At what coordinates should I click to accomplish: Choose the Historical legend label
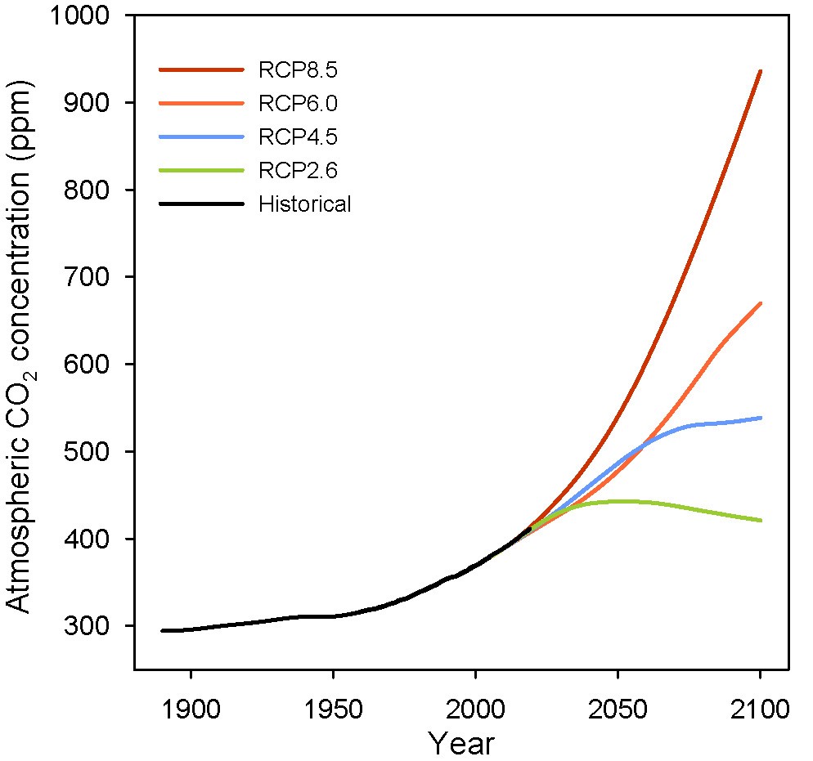point(304,204)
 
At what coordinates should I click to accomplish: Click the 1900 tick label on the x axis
point(191,707)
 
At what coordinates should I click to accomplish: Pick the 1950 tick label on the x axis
point(333,707)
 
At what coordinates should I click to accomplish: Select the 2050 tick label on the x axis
point(618,707)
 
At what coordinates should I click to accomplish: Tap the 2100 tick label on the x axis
point(761,707)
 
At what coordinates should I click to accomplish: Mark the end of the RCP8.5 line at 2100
point(761,71)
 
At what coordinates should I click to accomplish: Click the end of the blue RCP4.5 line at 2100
point(761,418)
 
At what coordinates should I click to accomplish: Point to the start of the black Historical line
point(163,631)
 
